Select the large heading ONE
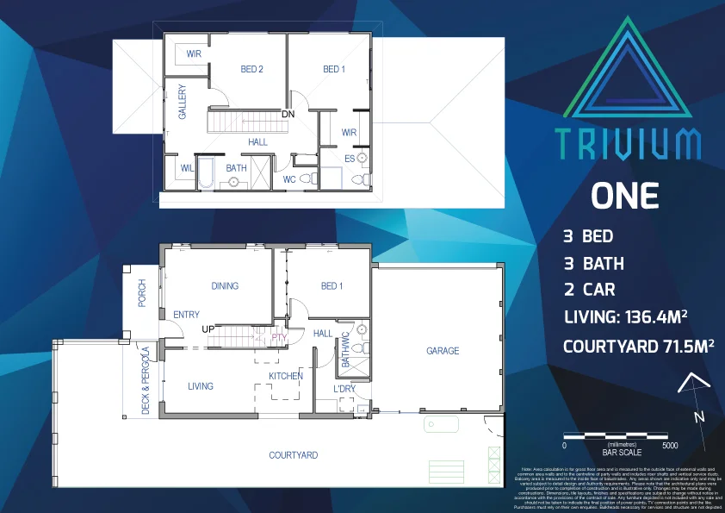pyautogui.click(x=624, y=196)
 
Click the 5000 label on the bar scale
pyautogui.click(x=670, y=446)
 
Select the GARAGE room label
pyautogui.click(x=443, y=351)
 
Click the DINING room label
pyautogui.click(x=225, y=286)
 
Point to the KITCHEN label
pyautogui.click(x=285, y=378)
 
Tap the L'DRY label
pyautogui.click(x=344, y=389)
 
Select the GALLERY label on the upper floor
pyautogui.click(x=183, y=102)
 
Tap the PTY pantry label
pyautogui.click(x=278, y=338)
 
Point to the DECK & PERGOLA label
pyautogui.click(x=146, y=378)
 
